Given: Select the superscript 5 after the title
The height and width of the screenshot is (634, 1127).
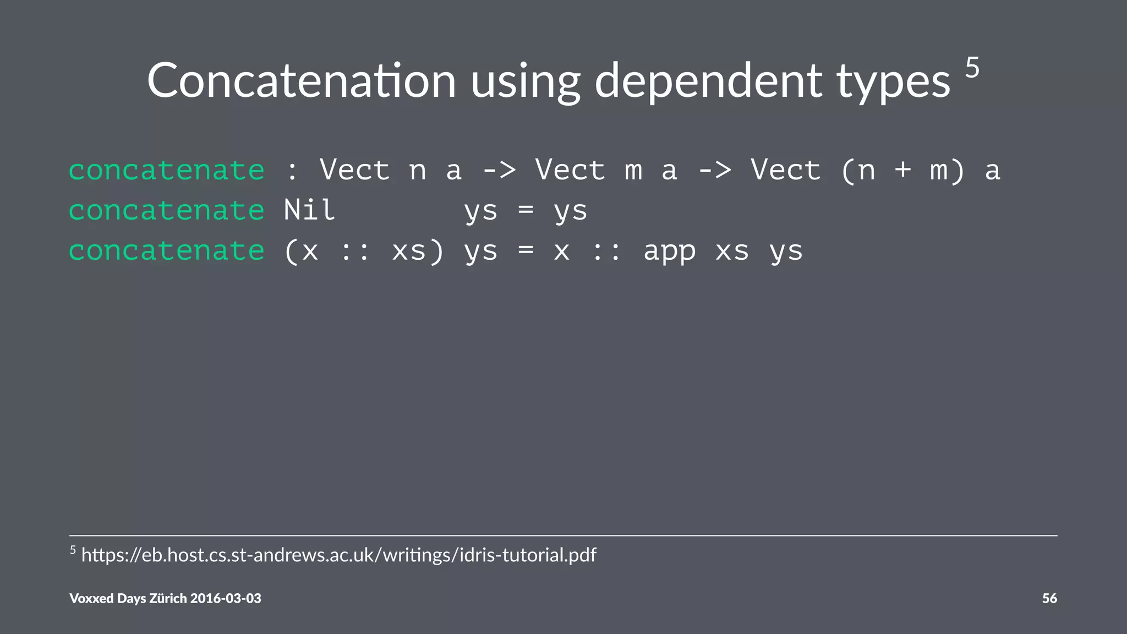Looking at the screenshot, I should click(x=972, y=68).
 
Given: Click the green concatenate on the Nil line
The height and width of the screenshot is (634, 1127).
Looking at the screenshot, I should click(x=166, y=211).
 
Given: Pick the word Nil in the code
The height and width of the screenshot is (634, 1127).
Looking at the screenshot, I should click(x=309, y=210).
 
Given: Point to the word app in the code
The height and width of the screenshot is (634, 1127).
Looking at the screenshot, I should click(x=669, y=252).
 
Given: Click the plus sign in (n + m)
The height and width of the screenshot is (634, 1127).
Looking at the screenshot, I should click(x=902, y=170).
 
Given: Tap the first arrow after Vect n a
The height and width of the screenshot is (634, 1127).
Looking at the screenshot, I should click(x=499, y=170).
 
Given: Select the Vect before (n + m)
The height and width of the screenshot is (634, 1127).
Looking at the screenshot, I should click(x=786, y=170).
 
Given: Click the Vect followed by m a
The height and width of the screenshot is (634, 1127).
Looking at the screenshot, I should click(x=570, y=170).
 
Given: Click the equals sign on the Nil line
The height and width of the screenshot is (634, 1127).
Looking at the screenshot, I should click(x=526, y=210).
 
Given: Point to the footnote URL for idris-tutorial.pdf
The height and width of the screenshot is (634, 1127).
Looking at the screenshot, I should click(x=338, y=555).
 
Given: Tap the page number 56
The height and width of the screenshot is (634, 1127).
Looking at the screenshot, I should click(x=1049, y=598).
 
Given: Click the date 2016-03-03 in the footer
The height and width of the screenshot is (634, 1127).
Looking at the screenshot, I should click(x=226, y=598).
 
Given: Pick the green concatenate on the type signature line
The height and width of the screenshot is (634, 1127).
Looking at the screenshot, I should click(x=166, y=170).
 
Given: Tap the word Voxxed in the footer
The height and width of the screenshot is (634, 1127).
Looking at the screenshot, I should click(x=91, y=598).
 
